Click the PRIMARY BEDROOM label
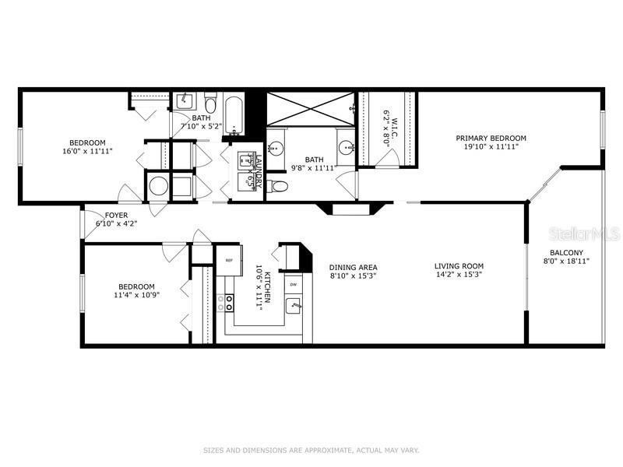pos(491,138)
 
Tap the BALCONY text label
pos(566,252)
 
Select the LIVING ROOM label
pos(459,266)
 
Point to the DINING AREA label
pos(352,266)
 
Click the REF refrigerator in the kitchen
pos(230,261)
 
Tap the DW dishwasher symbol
pos(293,284)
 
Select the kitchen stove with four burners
pos(229,302)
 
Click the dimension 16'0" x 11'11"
pos(87,152)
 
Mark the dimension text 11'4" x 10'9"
pos(136,295)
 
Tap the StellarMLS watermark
pos(587,233)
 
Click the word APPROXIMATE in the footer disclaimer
pos(317,450)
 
